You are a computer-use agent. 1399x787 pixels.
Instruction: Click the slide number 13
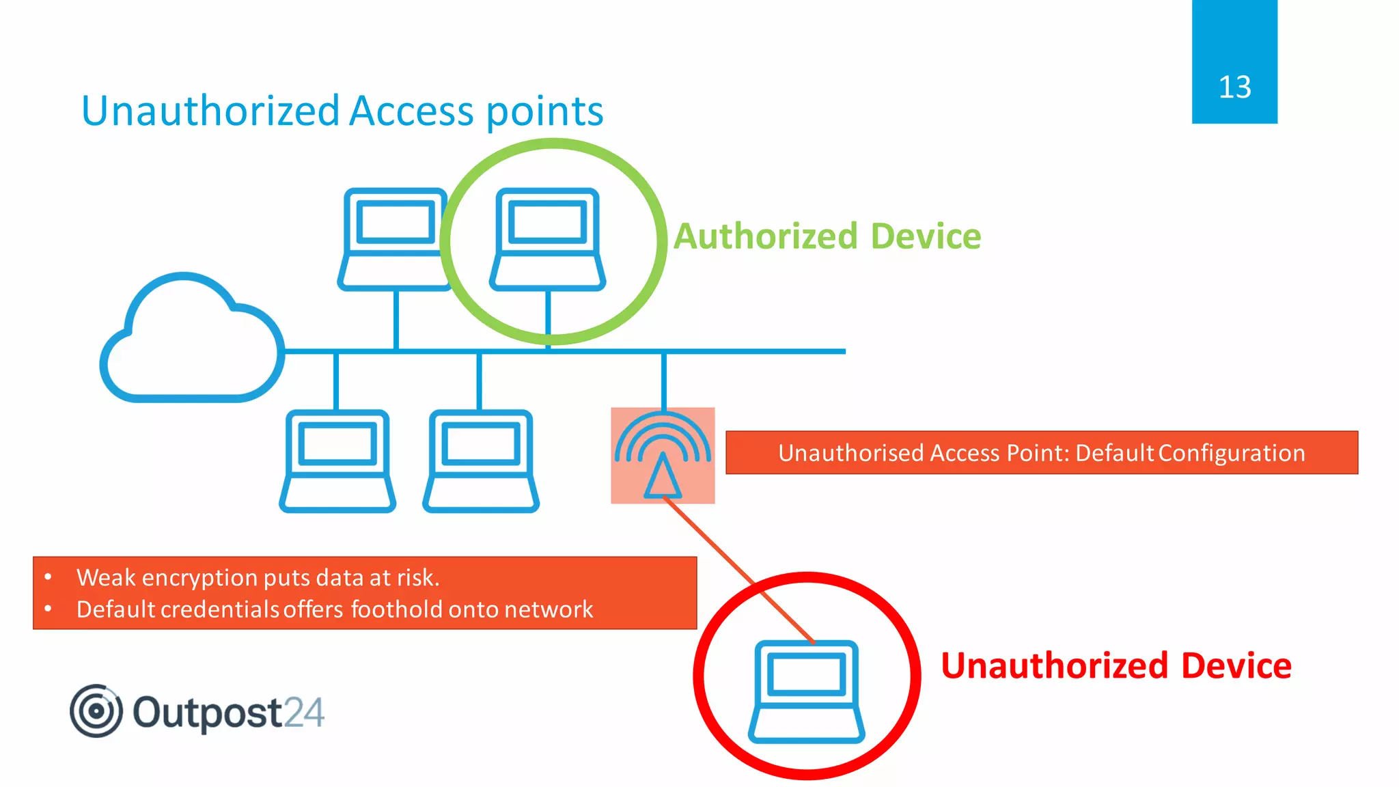(1234, 87)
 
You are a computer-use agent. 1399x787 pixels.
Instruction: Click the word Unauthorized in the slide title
(210, 111)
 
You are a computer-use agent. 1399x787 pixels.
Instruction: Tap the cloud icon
(191, 342)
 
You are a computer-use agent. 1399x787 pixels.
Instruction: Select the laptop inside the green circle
(547, 239)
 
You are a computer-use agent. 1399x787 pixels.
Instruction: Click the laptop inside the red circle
(806, 691)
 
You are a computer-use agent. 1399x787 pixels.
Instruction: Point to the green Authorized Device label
(827, 236)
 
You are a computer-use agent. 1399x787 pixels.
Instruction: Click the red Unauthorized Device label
(1116, 665)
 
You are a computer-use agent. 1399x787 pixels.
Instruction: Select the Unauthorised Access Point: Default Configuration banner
(1041, 452)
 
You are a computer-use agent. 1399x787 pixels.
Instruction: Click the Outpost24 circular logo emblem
(96, 711)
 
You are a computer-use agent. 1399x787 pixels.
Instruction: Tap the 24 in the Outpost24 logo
(304, 713)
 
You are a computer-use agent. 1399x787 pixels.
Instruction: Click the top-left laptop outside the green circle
(395, 239)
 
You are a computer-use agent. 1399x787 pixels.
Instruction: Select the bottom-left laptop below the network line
(337, 460)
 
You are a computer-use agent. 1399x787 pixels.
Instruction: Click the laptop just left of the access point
(481, 460)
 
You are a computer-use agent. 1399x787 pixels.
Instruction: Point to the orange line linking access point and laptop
(738, 570)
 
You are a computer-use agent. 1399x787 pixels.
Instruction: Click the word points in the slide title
(545, 111)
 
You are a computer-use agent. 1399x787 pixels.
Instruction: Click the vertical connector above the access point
(663, 380)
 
